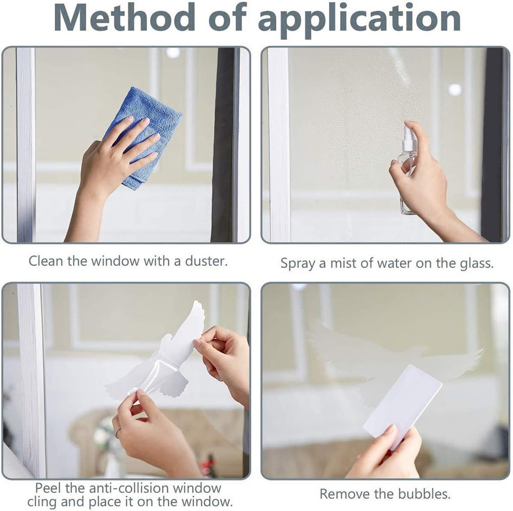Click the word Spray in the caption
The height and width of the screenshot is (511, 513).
297,263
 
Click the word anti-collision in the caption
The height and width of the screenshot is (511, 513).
121,487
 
